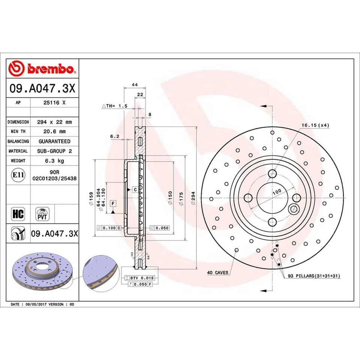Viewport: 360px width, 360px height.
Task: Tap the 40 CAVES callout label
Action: pos(217,273)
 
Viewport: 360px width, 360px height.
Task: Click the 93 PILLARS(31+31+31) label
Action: pos(314,276)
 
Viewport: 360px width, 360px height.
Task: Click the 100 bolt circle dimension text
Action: pos(277,192)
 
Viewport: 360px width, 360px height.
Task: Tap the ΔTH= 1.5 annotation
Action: pos(115,106)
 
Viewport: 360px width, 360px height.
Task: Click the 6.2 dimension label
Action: pos(114,137)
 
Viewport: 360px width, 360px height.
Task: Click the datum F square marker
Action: pos(112,204)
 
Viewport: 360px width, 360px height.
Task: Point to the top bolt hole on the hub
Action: pos(273,173)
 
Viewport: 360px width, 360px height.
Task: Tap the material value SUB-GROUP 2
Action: pos(54,151)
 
